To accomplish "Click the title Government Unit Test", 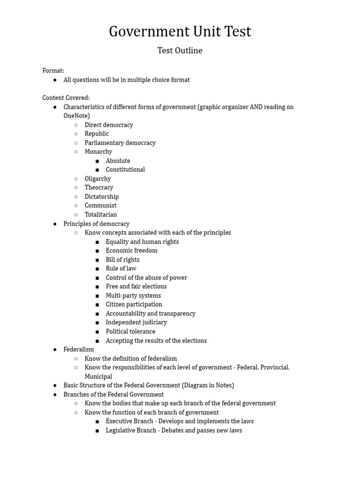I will point(180,31).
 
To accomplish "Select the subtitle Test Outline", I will point(180,51).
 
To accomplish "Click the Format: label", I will point(53,71).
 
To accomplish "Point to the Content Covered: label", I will point(66,98).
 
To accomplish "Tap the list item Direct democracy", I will point(109,125).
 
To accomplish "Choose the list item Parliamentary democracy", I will point(120,143).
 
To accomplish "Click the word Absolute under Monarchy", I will point(118,161).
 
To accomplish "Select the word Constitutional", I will point(125,170).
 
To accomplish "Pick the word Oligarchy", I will point(98,179).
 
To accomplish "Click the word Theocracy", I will point(99,187).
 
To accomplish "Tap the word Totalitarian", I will point(101,215).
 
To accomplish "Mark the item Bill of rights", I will point(122,260).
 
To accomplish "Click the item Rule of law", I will point(121,269).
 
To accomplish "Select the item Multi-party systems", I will point(133,296).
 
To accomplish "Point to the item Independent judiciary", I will point(136,322).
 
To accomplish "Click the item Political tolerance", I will point(130,331).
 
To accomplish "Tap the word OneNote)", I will point(77,116).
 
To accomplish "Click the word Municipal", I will point(98,376).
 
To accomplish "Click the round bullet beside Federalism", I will point(55,350).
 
